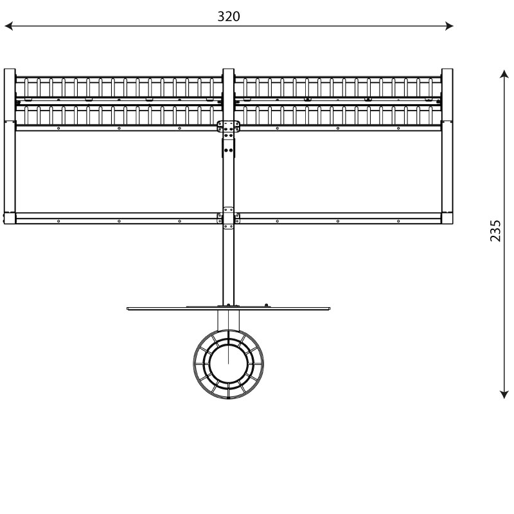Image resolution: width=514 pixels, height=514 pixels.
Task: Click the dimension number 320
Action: pos(229,17)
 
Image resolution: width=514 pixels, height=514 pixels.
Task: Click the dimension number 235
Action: pos(495,231)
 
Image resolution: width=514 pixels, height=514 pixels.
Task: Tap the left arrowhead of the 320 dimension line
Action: pos(8,26)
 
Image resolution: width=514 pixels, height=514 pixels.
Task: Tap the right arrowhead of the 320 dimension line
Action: pos(449,26)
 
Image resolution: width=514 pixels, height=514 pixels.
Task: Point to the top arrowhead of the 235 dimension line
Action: pos(504,74)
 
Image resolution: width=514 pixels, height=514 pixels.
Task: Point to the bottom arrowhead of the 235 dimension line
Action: pos(504,394)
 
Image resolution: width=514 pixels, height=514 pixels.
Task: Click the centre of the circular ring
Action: pos(229,364)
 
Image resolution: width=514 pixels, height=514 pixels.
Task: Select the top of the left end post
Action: pos(10,69)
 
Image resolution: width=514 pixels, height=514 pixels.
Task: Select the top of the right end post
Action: pos(447,69)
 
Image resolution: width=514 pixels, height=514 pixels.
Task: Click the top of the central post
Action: pos(229,69)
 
